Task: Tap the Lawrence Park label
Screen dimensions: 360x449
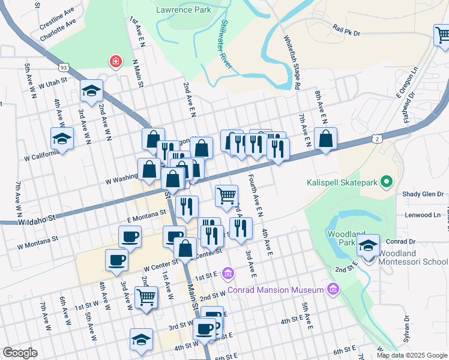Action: tap(183, 10)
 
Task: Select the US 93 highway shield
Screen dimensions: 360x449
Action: tap(64, 69)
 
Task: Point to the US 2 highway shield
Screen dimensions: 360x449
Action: tap(376, 139)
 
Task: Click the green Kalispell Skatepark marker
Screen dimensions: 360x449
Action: tap(387, 181)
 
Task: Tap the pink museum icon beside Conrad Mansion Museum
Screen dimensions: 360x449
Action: tap(333, 290)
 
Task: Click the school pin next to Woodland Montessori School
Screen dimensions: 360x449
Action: tap(368, 245)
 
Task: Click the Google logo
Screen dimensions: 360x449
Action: tap(20, 353)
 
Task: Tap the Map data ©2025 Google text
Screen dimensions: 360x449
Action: tap(412, 355)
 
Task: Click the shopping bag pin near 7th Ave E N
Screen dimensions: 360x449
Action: tap(325, 139)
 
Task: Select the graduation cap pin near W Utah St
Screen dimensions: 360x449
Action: tap(91, 91)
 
